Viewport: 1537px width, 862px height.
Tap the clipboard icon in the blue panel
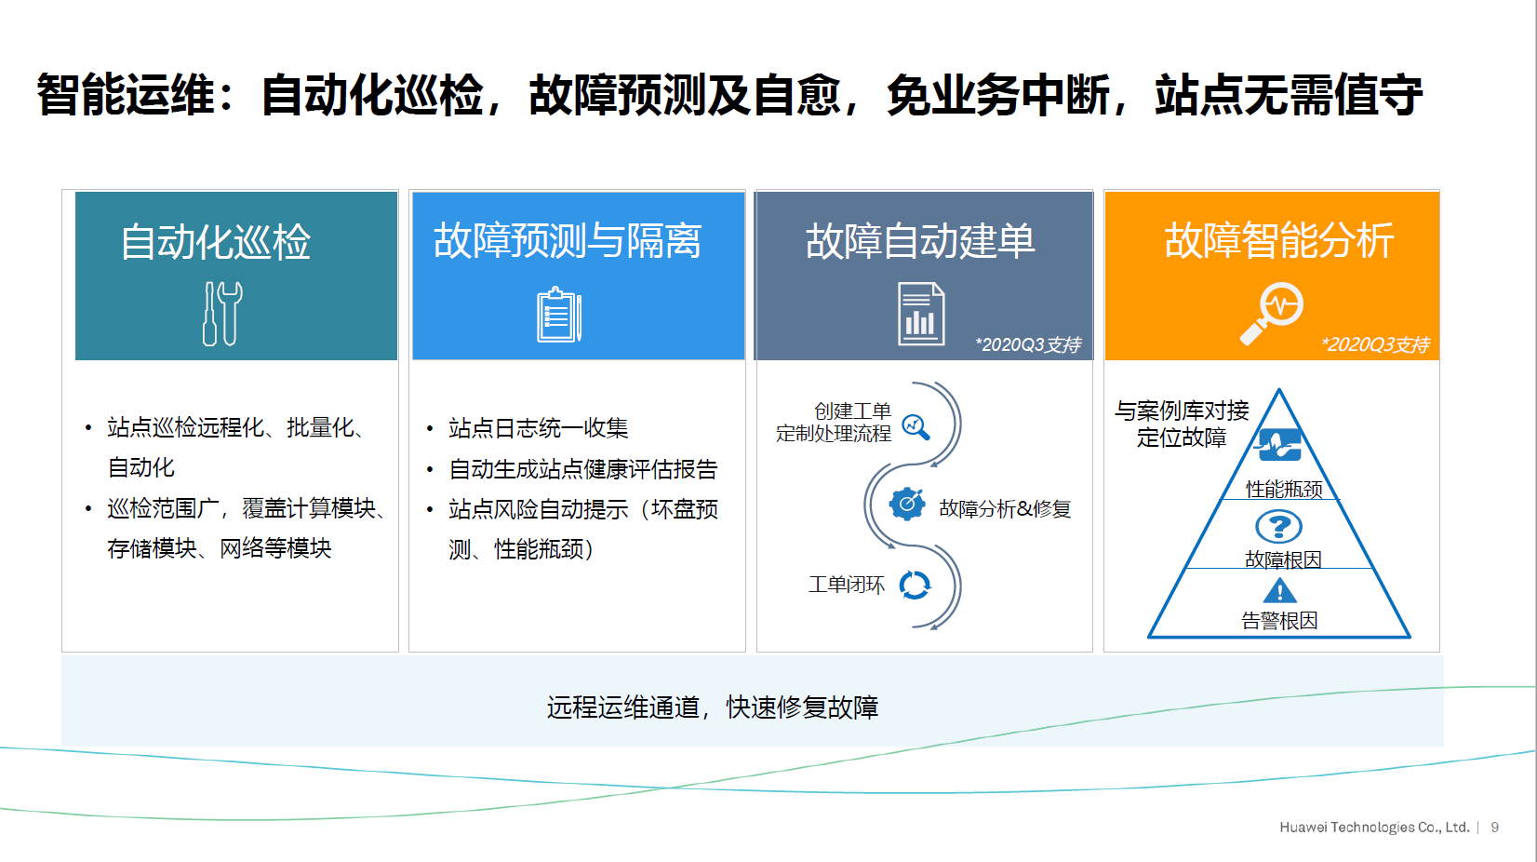click(x=559, y=315)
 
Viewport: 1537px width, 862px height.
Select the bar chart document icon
click(x=921, y=314)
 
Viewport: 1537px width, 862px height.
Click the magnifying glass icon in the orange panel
click(x=1272, y=313)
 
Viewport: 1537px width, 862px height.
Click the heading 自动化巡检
click(x=216, y=242)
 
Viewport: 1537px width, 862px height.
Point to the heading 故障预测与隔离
click(x=568, y=240)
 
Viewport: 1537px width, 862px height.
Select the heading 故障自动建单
click(x=920, y=240)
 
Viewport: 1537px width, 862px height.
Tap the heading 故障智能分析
click(x=1279, y=240)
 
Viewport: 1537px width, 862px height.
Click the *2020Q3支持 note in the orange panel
click(x=1375, y=344)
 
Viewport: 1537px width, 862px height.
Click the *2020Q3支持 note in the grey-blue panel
click(x=1028, y=344)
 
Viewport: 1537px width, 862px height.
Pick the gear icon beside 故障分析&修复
click(x=907, y=505)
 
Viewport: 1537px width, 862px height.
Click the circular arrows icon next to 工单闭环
click(x=915, y=586)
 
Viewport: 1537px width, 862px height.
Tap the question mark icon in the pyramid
click(x=1278, y=527)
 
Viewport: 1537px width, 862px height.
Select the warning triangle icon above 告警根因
click(x=1279, y=591)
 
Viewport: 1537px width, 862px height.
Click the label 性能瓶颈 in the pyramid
click(x=1284, y=489)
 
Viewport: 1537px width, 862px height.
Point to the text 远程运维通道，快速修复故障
click(x=713, y=707)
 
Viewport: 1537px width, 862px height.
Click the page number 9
click(x=1494, y=827)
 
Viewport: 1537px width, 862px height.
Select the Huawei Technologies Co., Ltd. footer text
click(x=1374, y=827)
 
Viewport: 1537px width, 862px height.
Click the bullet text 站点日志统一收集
click(x=538, y=427)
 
